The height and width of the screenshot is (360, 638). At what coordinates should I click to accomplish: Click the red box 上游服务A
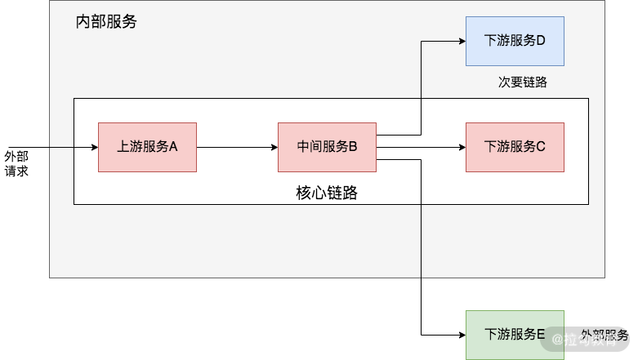[147, 147]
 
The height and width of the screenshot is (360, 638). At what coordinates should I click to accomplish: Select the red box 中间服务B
[327, 147]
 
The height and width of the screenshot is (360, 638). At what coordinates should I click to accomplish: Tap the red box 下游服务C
[515, 147]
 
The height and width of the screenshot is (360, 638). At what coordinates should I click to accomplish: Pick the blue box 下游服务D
[515, 41]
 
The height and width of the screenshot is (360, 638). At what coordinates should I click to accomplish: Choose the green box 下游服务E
[515, 335]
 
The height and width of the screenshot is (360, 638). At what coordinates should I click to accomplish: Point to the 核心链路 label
[327, 194]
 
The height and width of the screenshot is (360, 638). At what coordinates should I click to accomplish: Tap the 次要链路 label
[522, 82]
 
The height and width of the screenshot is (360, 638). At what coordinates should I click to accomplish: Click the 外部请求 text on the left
[16, 163]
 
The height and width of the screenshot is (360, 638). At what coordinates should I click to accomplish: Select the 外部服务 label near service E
[605, 336]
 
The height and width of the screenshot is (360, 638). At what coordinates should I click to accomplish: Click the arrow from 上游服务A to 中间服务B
[237, 148]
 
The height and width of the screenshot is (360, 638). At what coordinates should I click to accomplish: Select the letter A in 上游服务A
[173, 147]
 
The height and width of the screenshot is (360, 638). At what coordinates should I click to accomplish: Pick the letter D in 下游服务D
[541, 41]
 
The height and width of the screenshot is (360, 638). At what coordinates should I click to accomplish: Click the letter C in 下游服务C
[541, 147]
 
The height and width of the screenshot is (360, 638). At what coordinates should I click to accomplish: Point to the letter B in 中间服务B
[353, 147]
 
